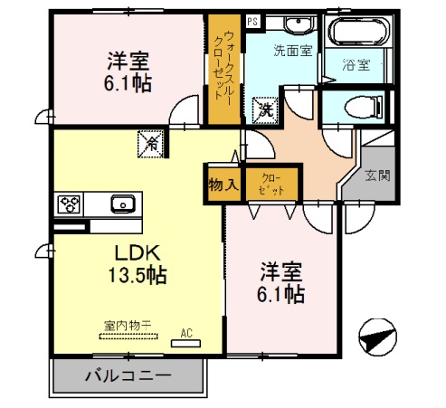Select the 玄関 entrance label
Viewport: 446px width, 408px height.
click(x=378, y=176)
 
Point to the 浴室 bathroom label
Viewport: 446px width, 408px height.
click(x=356, y=65)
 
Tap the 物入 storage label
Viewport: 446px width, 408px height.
click(x=223, y=185)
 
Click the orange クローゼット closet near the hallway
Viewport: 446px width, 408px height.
click(x=270, y=185)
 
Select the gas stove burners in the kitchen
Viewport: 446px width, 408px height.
click(x=69, y=204)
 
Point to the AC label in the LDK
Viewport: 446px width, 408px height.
click(x=187, y=333)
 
